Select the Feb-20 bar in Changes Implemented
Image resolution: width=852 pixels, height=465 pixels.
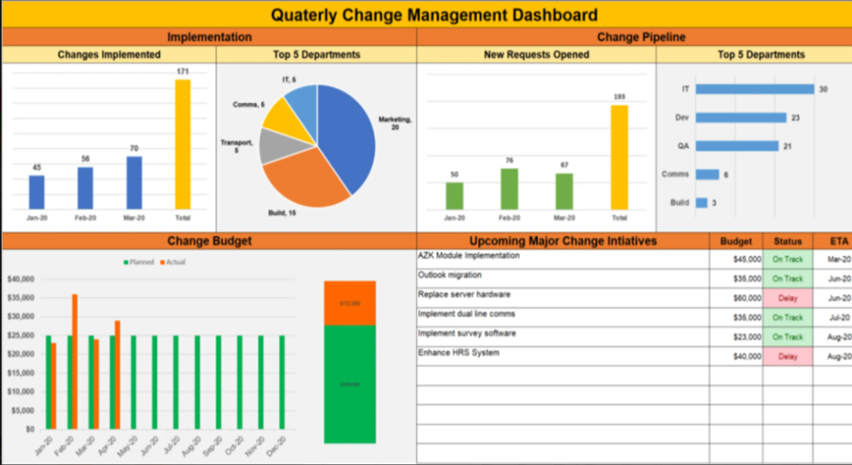click(85, 188)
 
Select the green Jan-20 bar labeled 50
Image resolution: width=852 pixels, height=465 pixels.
click(454, 196)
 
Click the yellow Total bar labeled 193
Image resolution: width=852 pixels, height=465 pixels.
click(619, 157)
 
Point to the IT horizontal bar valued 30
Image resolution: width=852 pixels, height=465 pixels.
click(755, 90)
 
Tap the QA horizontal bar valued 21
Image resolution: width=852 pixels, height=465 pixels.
click(736, 146)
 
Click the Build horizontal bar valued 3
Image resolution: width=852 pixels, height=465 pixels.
click(701, 203)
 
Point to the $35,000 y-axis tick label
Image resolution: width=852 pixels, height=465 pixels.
click(22, 298)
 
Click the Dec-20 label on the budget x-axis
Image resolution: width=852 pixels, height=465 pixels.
click(278, 448)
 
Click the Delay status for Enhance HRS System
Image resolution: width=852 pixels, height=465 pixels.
click(788, 357)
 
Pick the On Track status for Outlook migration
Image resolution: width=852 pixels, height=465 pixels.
click(788, 279)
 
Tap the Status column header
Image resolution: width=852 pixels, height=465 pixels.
click(788, 241)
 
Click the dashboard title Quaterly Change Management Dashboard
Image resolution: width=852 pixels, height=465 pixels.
click(434, 15)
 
